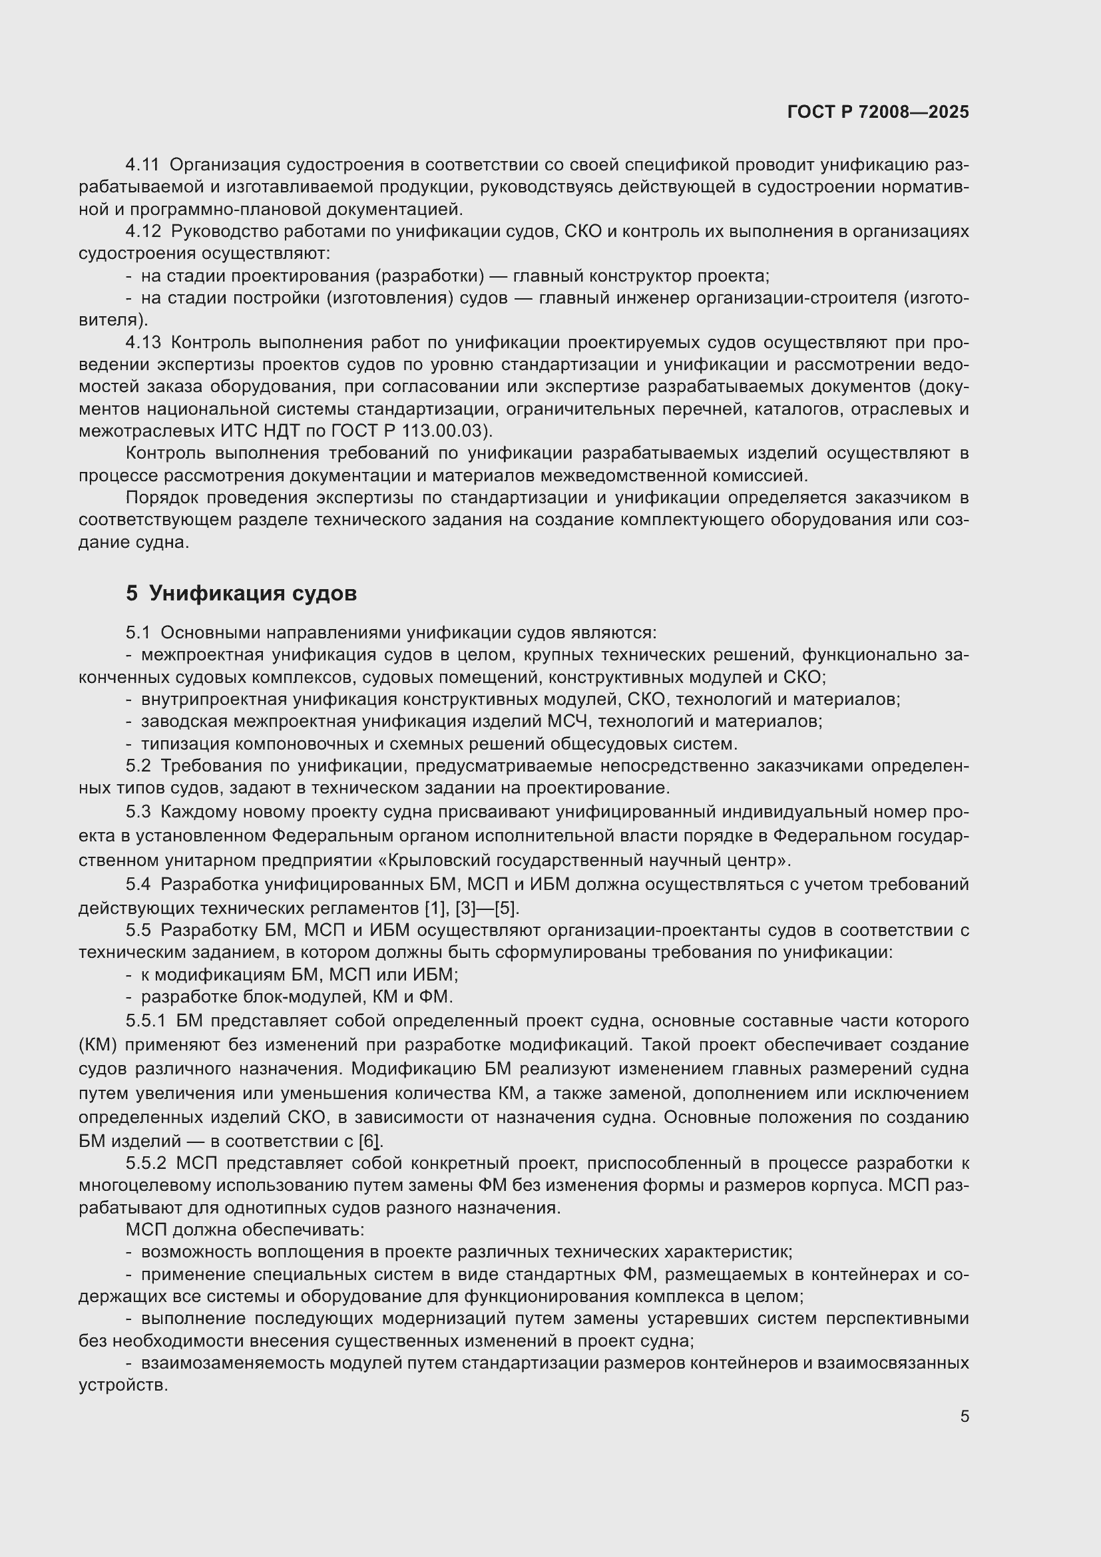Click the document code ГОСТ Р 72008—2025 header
[x=878, y=112]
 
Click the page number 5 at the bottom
[x=964, y=1417]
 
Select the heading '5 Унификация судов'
[x=241, y=593]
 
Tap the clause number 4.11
[x=142, y=165]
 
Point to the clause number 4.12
[x=143, y=231]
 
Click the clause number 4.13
[x=143, y=342]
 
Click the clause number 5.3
[x=138, y=811]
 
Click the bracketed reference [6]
[x=369, y=1142]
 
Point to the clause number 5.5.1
[x=146, y=1020]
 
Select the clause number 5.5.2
[x=146, y=1164]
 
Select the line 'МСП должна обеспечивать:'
[x=245, y=1229]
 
